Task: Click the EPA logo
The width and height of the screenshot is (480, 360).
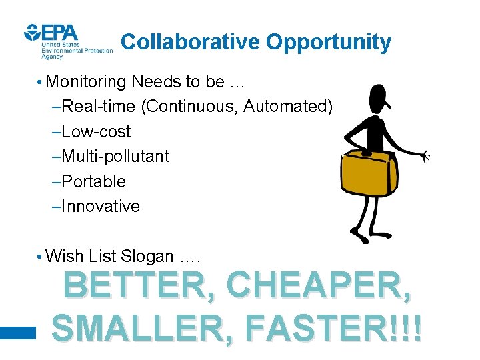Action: [x=51, y=33]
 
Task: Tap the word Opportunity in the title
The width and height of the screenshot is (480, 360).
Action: [x=329, y=43]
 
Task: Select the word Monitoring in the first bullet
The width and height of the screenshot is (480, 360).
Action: [x=87, y=82]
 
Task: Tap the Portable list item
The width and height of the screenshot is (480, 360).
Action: [x=90, y=181]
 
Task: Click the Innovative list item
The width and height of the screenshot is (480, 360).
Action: [x=97, y=207]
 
